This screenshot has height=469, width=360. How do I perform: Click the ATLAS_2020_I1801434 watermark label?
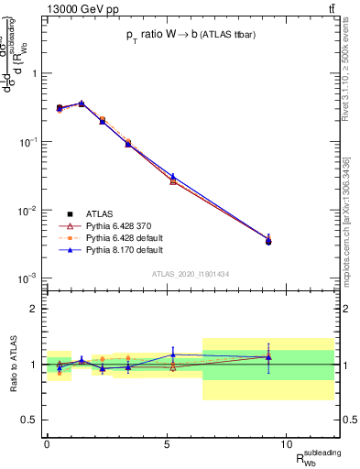point(191,274)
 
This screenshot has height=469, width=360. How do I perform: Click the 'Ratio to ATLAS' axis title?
point(12,364)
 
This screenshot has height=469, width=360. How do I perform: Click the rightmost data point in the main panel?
point(268,241)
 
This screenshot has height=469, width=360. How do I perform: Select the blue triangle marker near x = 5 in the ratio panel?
point(172,354)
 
